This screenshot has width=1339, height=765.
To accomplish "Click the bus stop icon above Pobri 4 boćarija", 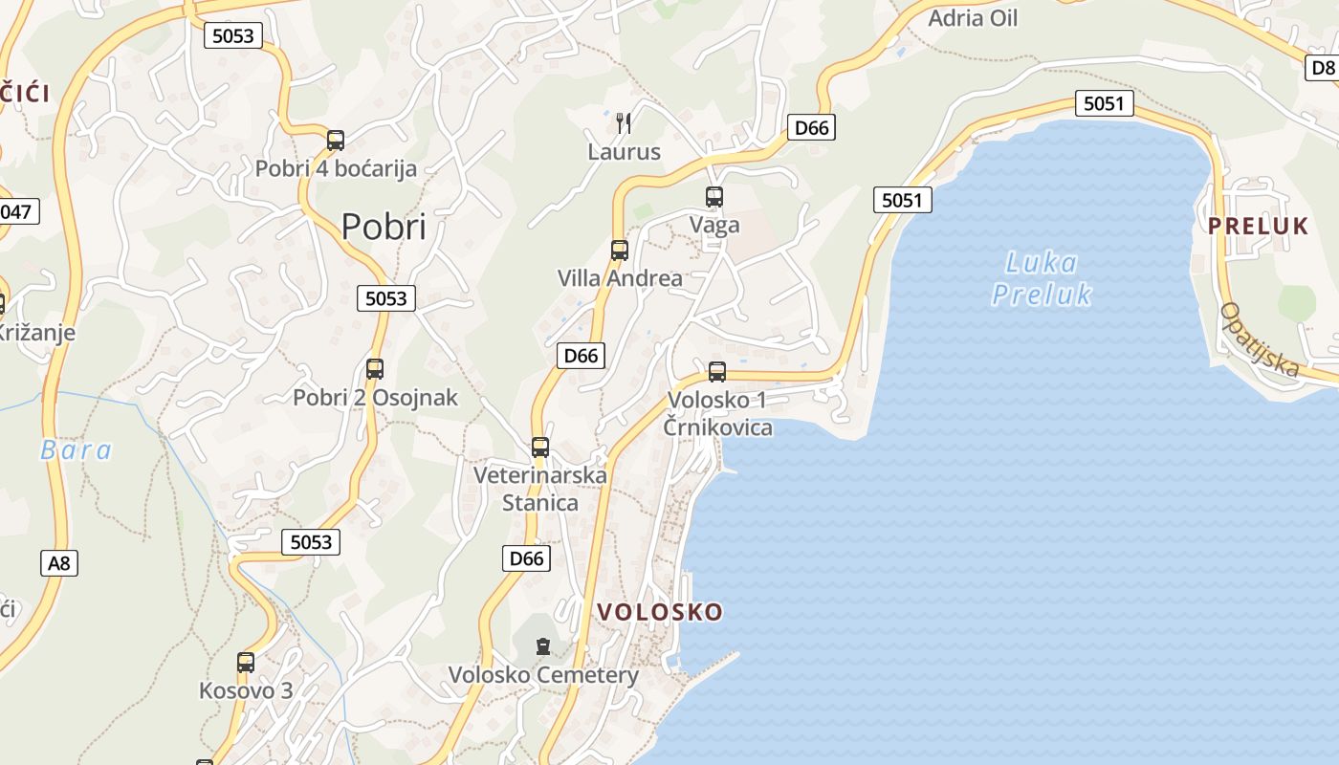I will pyautogui.click(x=336, y=141).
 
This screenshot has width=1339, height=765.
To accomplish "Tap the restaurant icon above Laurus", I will pyautogui.click(x=624, y=122).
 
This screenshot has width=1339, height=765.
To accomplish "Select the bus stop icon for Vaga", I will pyautogui.click(x=714, y=197).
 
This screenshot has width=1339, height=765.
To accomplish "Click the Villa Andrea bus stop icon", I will pyautogui.click(x=620, y=251).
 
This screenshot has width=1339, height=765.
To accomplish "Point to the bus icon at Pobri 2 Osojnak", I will pyautogui.click(x=375, y=369).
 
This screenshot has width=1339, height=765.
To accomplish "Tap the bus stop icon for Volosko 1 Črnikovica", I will pyautogui.click(x=717, y=372).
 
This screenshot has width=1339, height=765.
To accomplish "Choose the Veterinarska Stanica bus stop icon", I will pyautogui.click(x=540, y=448).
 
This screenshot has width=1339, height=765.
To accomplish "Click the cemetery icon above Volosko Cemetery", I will pyautogui.click(x=543, y=646).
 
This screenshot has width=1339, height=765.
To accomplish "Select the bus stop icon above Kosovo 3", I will pyautogui.click(x=246, y=662).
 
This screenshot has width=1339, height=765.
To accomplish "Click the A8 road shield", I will pyautogui.click(x=59, y=562).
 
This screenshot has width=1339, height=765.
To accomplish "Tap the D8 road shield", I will pyautogui.click(x=1323, y=67).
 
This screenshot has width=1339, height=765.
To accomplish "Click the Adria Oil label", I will pyautogui.click(x=973, y=18).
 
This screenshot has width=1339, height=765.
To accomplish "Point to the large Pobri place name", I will pyautogui.click(x=384, y=227).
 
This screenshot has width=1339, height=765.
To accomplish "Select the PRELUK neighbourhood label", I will pyautogui.click(x=1258, y=226).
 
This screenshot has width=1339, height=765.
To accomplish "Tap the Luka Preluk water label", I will pyautogui.click(x=1042, y=277).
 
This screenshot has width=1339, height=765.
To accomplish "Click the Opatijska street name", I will pyautogui.click(x=1260, y=339).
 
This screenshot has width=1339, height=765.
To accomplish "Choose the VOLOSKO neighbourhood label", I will pyautogui.click(x=660, y=612).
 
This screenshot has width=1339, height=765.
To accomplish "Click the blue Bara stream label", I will pyautogui.click(x=77, y=449).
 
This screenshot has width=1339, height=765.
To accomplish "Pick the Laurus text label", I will pyautogui.click(x=624, y=151).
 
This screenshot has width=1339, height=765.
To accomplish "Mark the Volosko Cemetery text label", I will pyautogui.click(x=543, y=675).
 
